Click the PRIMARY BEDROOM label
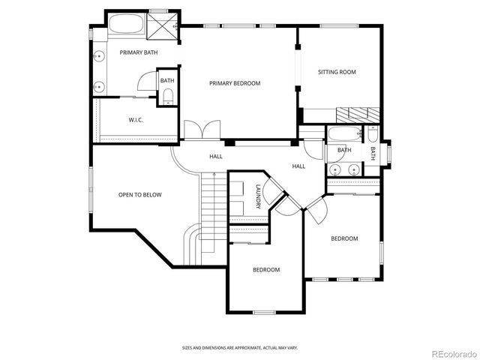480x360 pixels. pyautogui.click(x=235, y=83)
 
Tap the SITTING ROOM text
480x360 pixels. pyautogui.click(x=337, y=73)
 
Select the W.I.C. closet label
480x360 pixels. pyautogui.click(x=136, y=120)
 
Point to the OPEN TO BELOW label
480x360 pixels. pyautogui.click(x=139, y=195)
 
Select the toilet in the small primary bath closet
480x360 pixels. pyautogui.click(x=167, y=95)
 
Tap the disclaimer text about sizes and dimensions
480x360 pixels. pyautogui.click(x=239, y=348)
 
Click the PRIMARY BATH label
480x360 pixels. pyautogui.click(x=139, y=52)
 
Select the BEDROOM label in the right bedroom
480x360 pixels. pyautogui.click(x=344, y=238)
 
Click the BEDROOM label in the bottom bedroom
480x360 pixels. pyautogui.click(x=265, y=270)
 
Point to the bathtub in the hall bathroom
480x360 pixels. pyautogui.click(x=344, y=136)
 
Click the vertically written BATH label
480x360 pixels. pyautogui.click(x=373, y=152)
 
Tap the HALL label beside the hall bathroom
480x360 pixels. pyautogui.click(x=298, y=166)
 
